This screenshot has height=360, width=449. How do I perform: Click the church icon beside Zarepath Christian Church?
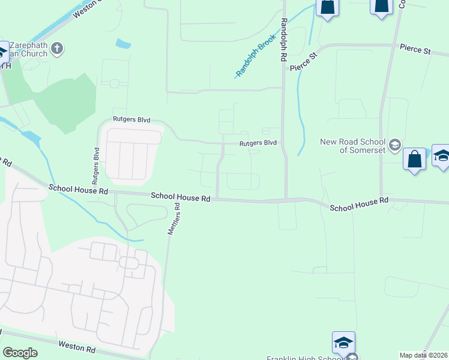tap(57, 49)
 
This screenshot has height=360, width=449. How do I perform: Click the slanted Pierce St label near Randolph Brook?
tap(303, 62)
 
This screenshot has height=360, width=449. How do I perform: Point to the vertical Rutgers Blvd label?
tap(95, 165)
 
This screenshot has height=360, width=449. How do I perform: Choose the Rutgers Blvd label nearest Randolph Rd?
tap(258, 143)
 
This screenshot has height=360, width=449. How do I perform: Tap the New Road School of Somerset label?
tap(354, 146)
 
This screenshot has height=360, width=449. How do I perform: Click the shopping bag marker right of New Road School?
tap(414, 160)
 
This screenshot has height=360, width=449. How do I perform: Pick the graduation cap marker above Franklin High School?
tap(343, 343)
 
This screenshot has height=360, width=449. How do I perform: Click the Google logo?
tap(20, 353)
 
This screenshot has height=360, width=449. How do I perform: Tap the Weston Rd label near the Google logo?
tap(77, 346)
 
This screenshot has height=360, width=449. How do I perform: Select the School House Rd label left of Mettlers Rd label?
tap(78, 190)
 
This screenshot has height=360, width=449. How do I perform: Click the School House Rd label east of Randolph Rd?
tap(360, 204)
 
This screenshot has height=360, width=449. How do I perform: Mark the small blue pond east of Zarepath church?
tap(123, 44)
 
